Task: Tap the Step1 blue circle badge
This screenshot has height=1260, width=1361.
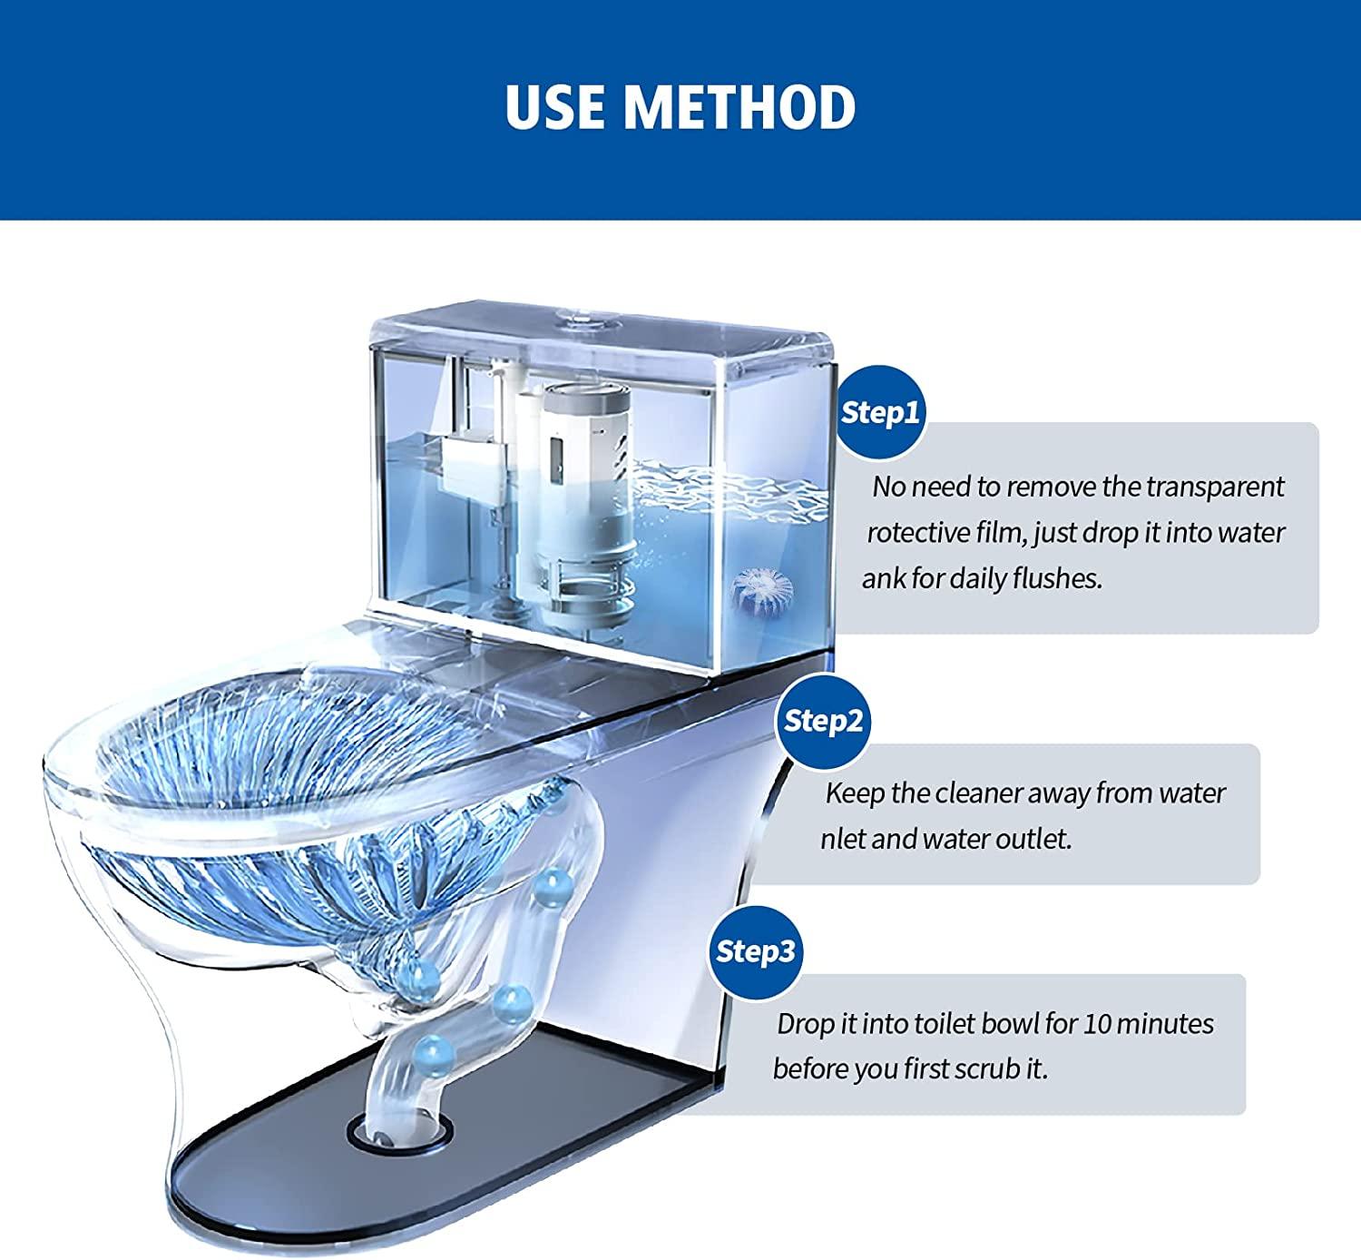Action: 880,412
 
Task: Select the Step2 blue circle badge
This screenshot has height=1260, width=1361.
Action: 823,721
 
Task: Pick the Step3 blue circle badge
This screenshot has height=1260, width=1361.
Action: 755,951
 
